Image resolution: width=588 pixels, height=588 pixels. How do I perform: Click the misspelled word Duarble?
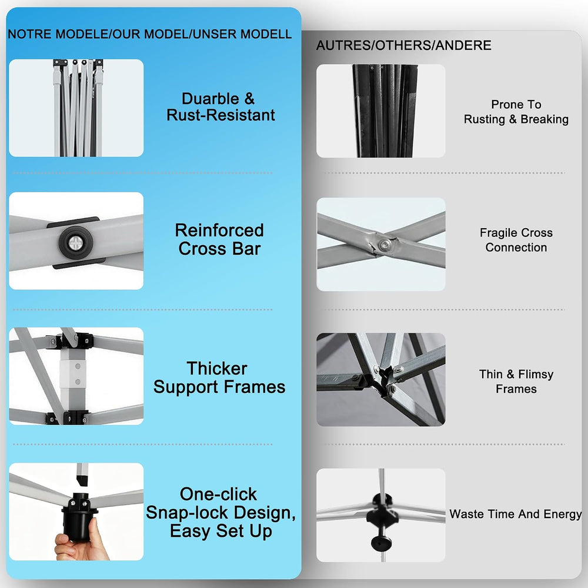(x=211, y=99)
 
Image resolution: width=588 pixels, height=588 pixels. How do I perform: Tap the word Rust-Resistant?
(x=220, y=115)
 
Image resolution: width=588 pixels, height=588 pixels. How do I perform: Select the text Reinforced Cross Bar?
(x=219, y=240)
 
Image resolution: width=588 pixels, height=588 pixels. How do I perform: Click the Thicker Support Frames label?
(x=219, y=377)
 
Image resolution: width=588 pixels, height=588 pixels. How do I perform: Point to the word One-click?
(x=218, y=495)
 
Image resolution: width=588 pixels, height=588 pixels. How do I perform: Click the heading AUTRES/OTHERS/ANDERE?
(x=403, y=45)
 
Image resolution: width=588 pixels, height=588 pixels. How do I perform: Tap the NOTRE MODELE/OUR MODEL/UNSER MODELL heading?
(x=149, y=34)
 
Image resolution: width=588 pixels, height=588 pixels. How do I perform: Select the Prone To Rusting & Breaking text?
(x=516, y=112)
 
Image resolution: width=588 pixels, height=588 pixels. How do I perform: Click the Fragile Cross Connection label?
(x=516, y=240)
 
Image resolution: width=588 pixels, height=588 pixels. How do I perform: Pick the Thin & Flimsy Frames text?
(x=516, y=382)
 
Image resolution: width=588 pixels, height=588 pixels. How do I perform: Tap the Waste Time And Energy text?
(x=516, y=514)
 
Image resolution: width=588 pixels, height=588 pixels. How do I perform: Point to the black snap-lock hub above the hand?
(x=79, y=516)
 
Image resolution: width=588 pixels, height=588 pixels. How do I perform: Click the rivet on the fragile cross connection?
(x=383, y=245)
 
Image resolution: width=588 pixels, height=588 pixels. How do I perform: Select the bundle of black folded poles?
(x=385, y=111)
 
